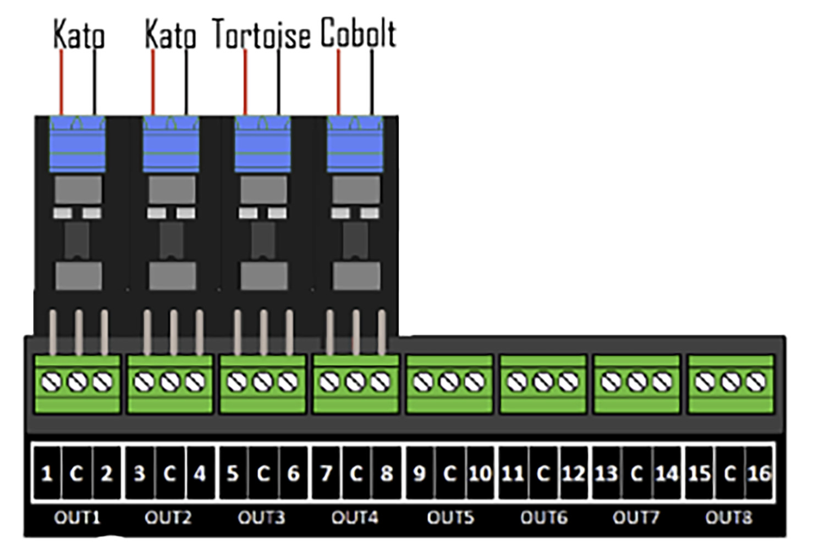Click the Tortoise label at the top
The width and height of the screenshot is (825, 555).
point(261,35)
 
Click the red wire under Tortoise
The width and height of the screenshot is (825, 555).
point(245,83)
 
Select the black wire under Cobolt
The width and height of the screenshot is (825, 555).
point(372,83)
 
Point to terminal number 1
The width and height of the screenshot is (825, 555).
point(47,473)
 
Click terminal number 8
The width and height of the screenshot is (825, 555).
point(387,473)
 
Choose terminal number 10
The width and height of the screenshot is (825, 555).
point(480,473)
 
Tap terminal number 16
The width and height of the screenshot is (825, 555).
point(760,473)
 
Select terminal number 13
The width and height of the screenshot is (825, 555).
point(606,473)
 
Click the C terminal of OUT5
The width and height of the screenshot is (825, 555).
point(450,473)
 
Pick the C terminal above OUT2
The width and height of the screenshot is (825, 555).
point(169,473)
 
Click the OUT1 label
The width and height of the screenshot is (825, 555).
point(77,518)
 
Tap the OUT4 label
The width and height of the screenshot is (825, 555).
point(355,518)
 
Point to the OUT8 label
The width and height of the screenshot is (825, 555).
point(729,518)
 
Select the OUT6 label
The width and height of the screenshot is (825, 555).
point(543,518)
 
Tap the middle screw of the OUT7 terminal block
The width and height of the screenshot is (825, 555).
point(637,382)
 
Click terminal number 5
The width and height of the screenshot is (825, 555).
point(233,473)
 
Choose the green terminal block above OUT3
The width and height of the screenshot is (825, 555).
point(263,384)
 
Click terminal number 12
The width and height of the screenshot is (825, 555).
point(573,473)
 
